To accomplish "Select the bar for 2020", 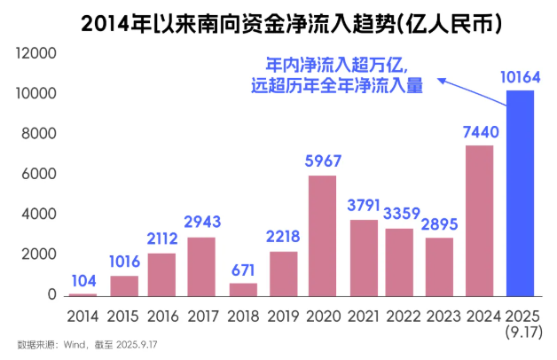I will pos(322,235).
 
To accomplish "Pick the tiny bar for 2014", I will pos(82,293).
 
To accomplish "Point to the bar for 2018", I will pos(243,289).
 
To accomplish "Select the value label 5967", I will pos(323,163).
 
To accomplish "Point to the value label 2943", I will pos(203,222).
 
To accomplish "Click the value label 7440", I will pos(480,132).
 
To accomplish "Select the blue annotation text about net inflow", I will pos(345,75).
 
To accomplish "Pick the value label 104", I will pos(82,278).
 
